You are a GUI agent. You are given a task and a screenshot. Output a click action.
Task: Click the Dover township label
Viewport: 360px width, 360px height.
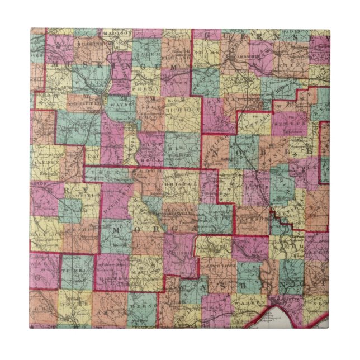click(x=73, y=304)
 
